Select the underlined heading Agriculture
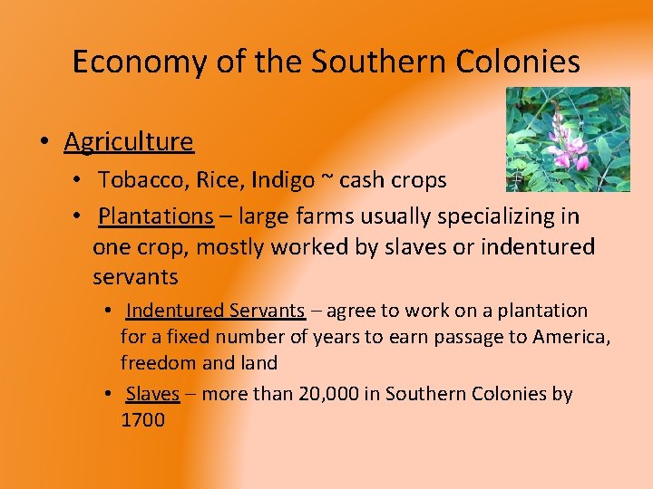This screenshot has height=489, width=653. point(129,141)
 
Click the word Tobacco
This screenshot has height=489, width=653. point(137,180)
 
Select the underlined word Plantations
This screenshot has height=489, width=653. point(155,216)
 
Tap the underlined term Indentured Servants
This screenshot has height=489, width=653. point(215,311)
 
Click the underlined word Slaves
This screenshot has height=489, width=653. point(152,394)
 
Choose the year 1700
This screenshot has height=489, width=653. point(142,420)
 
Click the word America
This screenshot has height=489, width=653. point(568,337)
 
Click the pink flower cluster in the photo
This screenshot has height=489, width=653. point(565,145)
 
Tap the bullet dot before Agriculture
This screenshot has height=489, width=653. point(43,142)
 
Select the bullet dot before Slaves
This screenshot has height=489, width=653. point(107,394)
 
